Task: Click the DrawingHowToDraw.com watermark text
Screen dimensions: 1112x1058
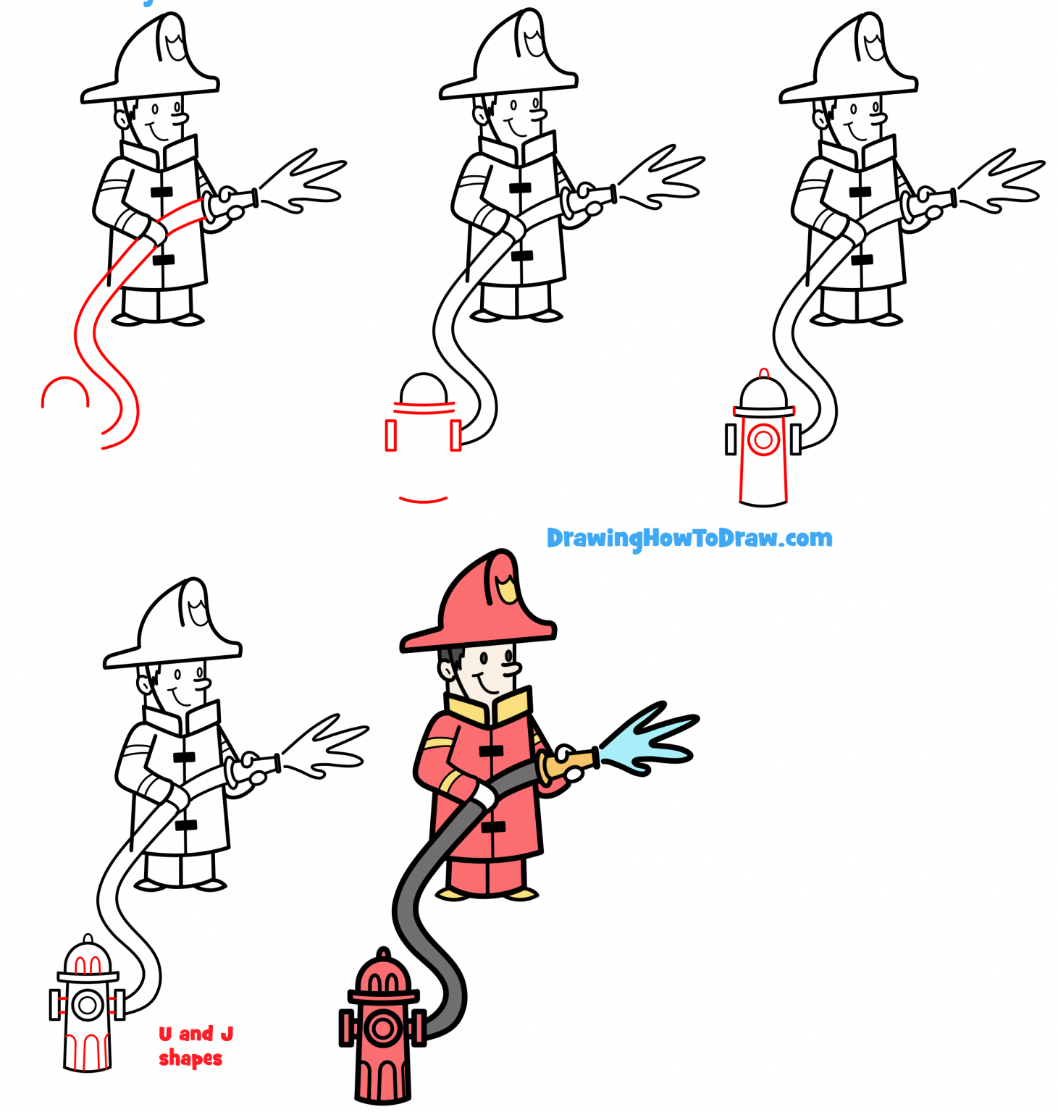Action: pos(689,538)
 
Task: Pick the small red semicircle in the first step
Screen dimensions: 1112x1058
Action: pos(65,391)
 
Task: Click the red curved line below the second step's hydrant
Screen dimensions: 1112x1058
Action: pos(423,499)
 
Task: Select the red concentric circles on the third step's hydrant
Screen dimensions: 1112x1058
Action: pos(763,439)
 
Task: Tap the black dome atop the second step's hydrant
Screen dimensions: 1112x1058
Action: pos(424,388)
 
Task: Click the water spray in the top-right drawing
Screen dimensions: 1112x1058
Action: pos(1003,181)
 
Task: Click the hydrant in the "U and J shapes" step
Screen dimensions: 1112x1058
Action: pos(88,1006)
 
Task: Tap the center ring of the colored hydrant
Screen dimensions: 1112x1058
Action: pos(382,1028)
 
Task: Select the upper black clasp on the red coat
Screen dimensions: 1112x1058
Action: pos(491,751)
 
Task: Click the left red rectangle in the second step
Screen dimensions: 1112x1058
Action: pos(391,436)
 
